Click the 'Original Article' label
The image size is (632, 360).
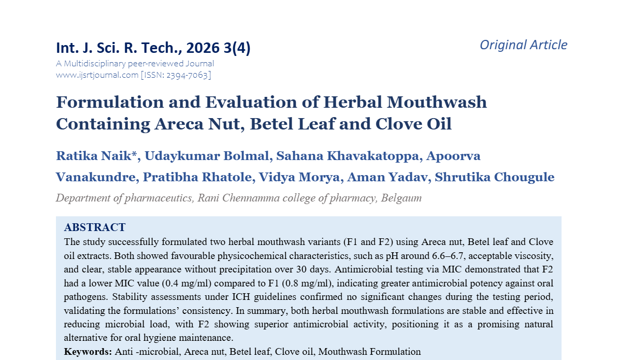(523, 45)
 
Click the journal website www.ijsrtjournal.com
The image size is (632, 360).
(97, 75)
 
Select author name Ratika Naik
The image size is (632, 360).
(97, 156)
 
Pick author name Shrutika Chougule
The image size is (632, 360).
(494, 177)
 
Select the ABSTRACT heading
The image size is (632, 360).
(94, 227)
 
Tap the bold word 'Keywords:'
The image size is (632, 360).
(88, 352)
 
